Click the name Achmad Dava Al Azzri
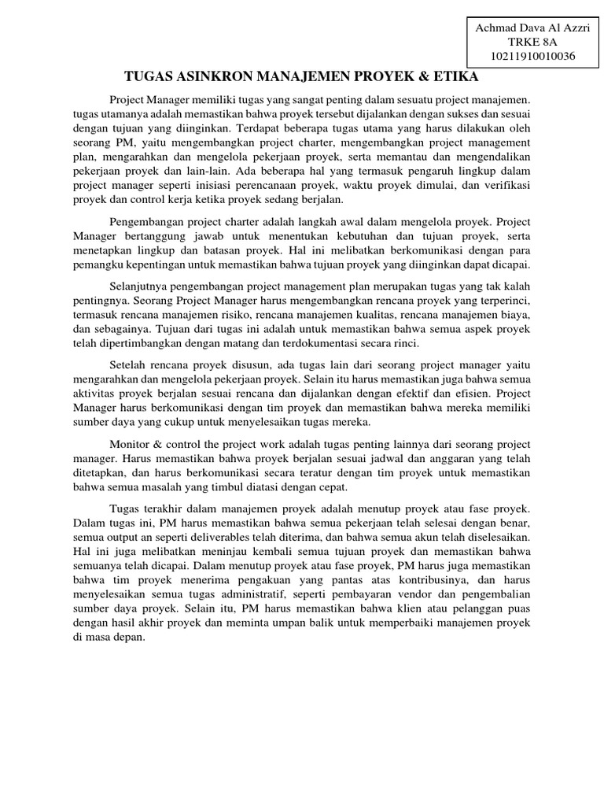click(533, 28)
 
